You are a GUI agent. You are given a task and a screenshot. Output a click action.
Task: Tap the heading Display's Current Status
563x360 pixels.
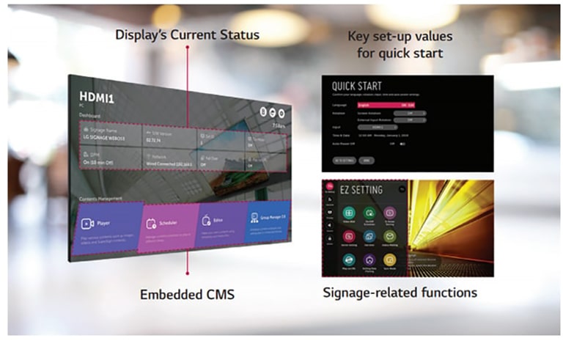(187, 34)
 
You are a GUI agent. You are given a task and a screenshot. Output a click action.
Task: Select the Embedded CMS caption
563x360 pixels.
(187, 294)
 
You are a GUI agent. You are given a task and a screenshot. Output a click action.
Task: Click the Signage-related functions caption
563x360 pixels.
(400, 293)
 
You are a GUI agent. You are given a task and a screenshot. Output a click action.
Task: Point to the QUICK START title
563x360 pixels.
(357, 87)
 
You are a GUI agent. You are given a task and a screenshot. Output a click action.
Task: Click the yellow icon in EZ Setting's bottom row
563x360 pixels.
(390, 260)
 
